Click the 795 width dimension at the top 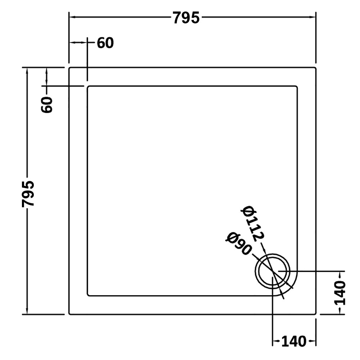coord(186,18)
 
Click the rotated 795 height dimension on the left coord(28,194)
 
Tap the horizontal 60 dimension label coord(105,43)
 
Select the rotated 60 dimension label coord(47,105)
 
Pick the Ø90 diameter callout coord(238,243)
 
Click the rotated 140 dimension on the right coord(339,293)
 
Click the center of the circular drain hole coord(273,271)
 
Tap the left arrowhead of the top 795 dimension coord(71,17)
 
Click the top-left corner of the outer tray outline coord(69,68)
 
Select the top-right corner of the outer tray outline coord(315,68)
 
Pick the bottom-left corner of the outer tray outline coord(69,314)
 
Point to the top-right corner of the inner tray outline coord(297,86)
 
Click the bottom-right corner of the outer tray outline coord(315,314)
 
